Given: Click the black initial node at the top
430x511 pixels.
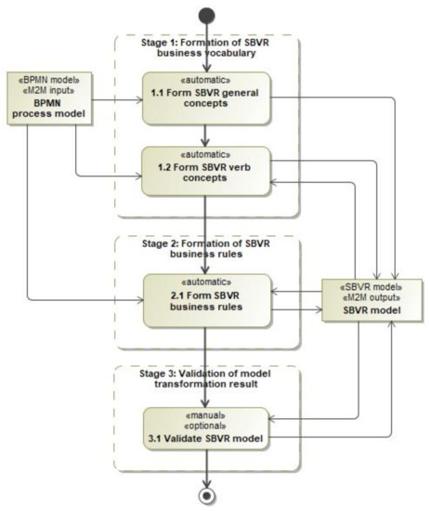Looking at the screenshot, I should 207,15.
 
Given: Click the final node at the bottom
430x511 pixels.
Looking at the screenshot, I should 206,494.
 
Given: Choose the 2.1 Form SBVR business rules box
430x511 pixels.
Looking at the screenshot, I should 206,300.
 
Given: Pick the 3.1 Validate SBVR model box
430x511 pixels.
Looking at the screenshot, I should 206,428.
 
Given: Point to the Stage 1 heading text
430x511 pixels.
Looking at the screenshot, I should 207,47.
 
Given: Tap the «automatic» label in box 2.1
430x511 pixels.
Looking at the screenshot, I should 206,282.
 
